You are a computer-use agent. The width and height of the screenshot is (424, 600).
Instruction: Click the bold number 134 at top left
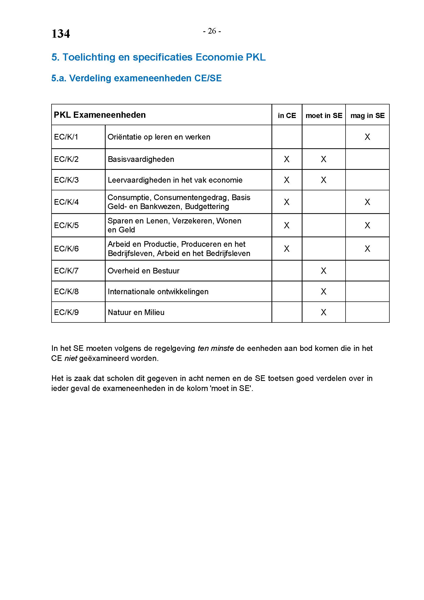pyautogui.click(x=60, y=34)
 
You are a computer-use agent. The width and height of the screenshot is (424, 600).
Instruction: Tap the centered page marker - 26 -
pyautogui.click(x=212, y=31)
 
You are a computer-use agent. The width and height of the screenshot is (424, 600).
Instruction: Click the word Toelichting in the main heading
pyautogui.click(x=88, y=57)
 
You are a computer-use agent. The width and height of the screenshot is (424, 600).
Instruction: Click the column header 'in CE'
pyautogui.click(x=287, y=115)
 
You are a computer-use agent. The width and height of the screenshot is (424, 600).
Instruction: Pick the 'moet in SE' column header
pyautogui.click(x=324, y=115)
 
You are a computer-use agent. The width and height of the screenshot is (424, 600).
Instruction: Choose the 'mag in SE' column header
pyautogui.click(x=367, y=115)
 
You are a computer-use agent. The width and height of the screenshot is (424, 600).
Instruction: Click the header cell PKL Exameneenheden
pyautogui.click(x=100, y=115)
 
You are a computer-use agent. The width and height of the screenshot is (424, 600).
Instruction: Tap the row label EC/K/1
pyautogui.click(x=66, y=137)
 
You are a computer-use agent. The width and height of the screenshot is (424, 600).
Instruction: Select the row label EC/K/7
pyautogui.click(x=66, y=271)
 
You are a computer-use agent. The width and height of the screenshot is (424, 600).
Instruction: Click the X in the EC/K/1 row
pyautogui.click(x=367, y=137)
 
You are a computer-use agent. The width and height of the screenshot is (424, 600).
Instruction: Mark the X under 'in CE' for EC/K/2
pyautogui.click(x=287, y=159)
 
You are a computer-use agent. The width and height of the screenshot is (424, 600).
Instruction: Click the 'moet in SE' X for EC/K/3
pyautogui.click(x=324, y=180)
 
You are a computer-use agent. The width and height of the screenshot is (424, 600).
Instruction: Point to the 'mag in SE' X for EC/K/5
pyautogui.click(x=367, y=225)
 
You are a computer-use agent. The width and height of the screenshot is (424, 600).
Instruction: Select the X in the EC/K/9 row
pyautogui.click(x=324, y=312)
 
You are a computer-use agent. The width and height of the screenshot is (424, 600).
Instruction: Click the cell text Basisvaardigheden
pyautogui.click(x=141, y=159)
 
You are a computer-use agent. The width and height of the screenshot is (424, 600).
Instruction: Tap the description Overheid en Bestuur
pyautogui.click(x=143, y=271)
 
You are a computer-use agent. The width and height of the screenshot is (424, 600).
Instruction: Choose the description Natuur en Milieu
pyautogui.click(x=136, y=312)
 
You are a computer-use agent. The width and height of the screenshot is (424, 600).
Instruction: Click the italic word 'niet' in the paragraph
pyautogui.click(x=71, y=358)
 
